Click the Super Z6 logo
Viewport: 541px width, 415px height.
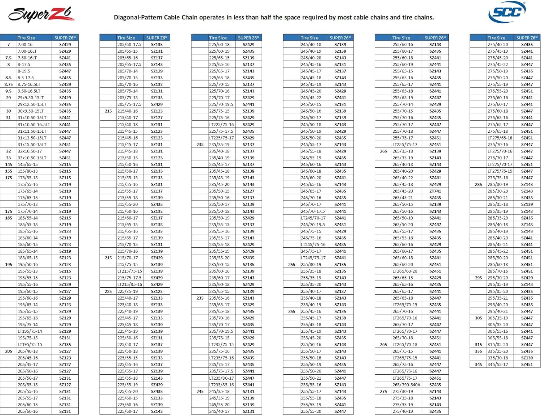coord(41,14)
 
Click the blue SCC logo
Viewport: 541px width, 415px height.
coord(507,12)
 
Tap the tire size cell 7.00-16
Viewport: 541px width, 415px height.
coord(25,45)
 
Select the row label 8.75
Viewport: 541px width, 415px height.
coord(8,84)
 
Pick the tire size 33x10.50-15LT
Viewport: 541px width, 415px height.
coord(32,158)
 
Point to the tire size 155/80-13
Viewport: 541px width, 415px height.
coord(28,171)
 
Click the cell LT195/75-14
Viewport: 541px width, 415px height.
coord(30,331)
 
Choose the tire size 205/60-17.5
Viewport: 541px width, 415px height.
coord(129,45)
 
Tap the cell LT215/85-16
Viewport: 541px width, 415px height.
coord(130,284)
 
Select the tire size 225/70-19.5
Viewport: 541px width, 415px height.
coord(221,105)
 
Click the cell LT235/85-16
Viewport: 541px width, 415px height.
coord(221,385)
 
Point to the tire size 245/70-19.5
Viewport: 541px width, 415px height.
coord(313,225)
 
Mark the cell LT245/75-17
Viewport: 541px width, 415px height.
coord(313,258)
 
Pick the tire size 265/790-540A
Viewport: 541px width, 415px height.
coord(406,385)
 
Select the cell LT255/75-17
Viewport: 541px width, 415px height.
coord(405,145)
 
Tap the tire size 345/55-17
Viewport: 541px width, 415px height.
coord(498,365)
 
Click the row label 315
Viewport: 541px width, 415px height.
coord(479,345)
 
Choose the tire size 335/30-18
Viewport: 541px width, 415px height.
coord(498,358)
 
